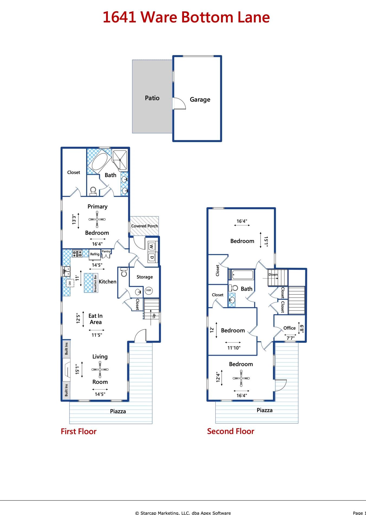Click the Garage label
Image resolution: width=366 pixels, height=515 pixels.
coord(200,100)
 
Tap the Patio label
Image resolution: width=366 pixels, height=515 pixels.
coord(152,98)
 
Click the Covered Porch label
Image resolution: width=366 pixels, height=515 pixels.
coord(144,226)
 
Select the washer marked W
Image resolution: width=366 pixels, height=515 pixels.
coord(151,247)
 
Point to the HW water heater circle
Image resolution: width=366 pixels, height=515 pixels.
coord(149,290)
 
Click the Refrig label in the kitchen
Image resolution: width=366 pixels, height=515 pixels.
coord(95,254)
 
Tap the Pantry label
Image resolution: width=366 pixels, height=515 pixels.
coord(106,251)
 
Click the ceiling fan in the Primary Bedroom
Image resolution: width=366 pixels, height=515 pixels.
coord(97,219)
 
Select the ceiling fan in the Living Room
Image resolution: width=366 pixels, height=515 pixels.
coord(100,369)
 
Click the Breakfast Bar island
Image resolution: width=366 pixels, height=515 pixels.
coord(91,283)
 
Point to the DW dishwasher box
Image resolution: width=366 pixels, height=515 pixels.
coord(70,283)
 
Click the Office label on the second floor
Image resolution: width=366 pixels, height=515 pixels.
coord(289,328)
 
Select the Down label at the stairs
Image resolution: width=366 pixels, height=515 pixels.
coord(273,274)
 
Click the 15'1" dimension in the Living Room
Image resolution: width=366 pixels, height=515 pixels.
coord(77,369)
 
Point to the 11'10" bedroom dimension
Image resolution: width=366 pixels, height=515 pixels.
coord(234,348)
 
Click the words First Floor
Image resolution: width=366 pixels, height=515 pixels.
coord(79,431)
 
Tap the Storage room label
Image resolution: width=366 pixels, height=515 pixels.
coord(145,277)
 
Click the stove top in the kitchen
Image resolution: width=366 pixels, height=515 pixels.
coord(77,254)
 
